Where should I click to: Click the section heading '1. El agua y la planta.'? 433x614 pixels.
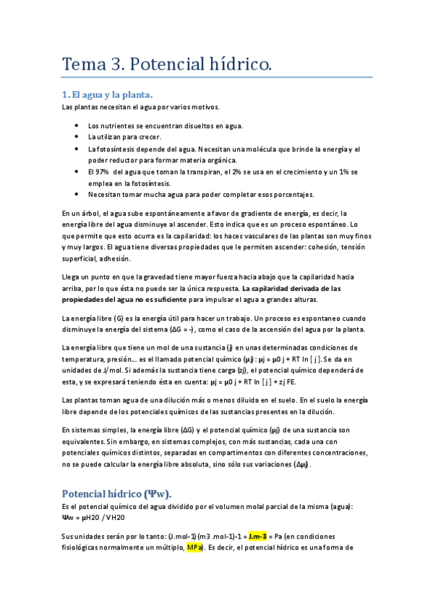pos(107,95)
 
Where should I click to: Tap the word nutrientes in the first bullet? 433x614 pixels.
pos(116,125)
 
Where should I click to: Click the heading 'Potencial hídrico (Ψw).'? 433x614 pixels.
pos(117,495)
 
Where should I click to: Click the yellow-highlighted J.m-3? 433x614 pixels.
pos(257,537)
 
